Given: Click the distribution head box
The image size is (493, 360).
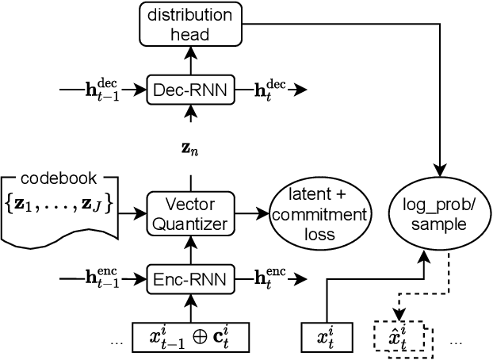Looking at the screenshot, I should [x=190, y=24].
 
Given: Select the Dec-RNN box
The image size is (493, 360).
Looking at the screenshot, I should [x=190, y=91].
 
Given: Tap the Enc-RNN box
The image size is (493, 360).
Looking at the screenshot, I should [x=190, y=279].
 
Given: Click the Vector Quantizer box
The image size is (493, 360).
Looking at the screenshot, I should [x=190, y=213].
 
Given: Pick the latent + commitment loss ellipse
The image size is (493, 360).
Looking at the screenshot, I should [x=320, y=214].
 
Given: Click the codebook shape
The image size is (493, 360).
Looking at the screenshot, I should [x=60, y=208].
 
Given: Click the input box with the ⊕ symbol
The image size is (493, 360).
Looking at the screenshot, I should [x=190, y=337].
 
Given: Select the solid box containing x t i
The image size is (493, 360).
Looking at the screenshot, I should [x=326, y=337].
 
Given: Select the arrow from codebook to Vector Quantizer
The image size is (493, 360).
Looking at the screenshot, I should [x=133, y=213].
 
